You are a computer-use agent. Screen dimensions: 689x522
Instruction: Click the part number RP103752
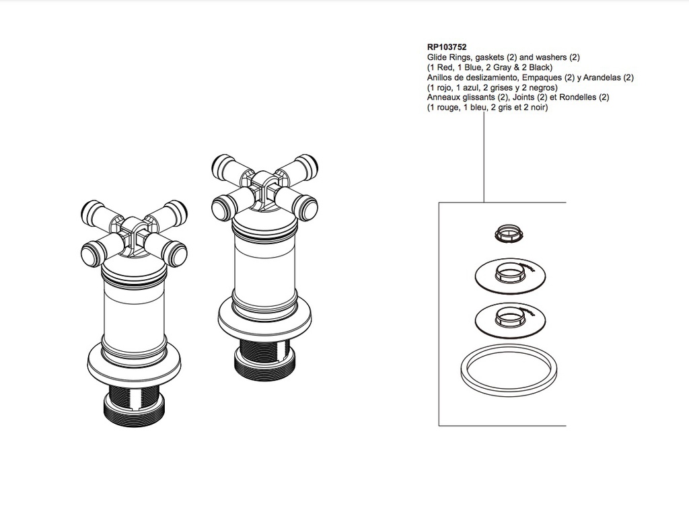point(447,47)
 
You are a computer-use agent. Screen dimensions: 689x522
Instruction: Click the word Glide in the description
point(437,57)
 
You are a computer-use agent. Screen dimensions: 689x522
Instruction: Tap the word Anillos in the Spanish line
point(440,77)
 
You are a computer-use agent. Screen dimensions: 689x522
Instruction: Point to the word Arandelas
point(603,77)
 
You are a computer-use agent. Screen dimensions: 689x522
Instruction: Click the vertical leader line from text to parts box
point(484,157)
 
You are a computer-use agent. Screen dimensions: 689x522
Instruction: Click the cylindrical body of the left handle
point(134,313)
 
